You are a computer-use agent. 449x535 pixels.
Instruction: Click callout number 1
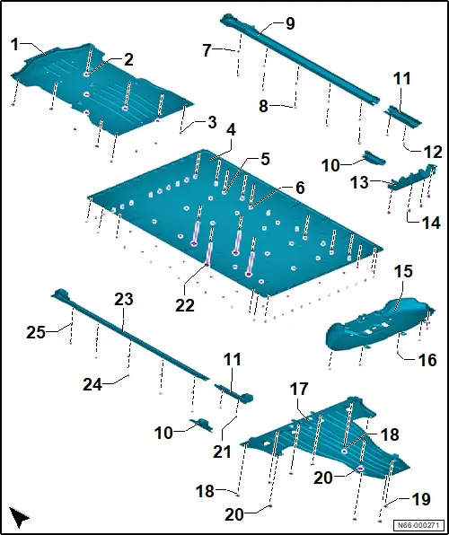pyautogui.click(x=14, y=45)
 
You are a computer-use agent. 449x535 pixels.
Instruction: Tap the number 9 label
pyautogui.click(x=289, y=24)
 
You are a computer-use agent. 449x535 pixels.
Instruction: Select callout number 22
pyautogui.click(x=185, y=306)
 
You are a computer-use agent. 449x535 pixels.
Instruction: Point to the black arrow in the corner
pyautogui.click(x=20, y=517)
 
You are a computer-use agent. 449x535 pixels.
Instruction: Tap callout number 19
pyautogui.click(x=421, y=500)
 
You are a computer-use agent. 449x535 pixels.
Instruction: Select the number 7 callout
pyautogui.click(x=207, y=51)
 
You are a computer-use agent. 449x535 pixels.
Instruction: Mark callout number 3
pyautogui.click(x=212, y=123)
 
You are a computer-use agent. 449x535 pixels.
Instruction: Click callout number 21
pyautogui.click(x=222, y=452)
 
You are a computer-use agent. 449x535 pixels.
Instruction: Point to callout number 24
pyautogui.click(x=92, y=385)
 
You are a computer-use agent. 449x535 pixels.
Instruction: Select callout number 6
pyautogui.click(x=300, y=188)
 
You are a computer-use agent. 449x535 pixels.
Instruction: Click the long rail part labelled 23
pyautogui.click(x=129, y=336)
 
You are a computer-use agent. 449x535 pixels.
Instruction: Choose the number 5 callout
pyautogui.click(x=265, y=160)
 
